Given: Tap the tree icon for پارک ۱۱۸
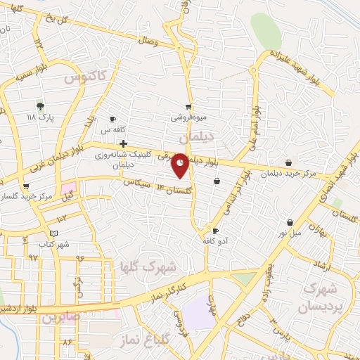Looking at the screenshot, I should [40, 105].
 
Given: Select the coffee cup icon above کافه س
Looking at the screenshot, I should [112, 120].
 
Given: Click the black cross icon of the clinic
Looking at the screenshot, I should [124, 143].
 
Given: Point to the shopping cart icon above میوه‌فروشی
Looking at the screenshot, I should [187, 108].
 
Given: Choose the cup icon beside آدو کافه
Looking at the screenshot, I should [215, 231].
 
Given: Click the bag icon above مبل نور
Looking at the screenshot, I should [289, 222].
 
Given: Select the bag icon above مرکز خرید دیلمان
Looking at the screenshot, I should [288, 162].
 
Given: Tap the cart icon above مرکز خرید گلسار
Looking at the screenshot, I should [26, 186].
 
